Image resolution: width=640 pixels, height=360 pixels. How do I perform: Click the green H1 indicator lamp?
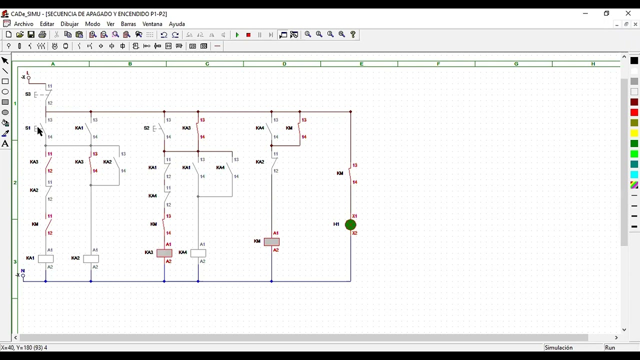tap(350, 225)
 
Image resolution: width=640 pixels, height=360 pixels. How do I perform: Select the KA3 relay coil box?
tap(164, 253)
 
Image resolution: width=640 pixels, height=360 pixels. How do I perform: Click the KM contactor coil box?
tap(271, 242)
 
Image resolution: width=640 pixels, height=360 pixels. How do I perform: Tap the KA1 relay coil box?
tap(45, 259)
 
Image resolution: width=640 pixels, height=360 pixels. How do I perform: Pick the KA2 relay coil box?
tap(91, 259)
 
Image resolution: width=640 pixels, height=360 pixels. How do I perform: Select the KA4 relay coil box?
tap(198, 253)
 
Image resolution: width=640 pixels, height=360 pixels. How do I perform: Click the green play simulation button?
tap(237, 35)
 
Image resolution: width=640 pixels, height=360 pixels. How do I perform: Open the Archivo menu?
tap(23, 24)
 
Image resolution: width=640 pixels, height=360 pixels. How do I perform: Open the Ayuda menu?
tap(177, 24)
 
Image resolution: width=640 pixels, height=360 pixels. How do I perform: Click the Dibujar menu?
tap(69, 24)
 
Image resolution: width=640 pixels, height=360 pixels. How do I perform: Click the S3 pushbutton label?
tap(27, 94)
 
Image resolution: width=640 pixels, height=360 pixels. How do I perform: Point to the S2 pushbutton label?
tap(146, 128)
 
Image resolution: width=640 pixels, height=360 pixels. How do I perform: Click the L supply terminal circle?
tap(28, 77)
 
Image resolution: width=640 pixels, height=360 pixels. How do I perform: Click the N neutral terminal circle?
tap(23, 275)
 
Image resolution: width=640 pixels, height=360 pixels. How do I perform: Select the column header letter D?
tap(284, 64)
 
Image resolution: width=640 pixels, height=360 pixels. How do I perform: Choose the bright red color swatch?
tap(634, 112)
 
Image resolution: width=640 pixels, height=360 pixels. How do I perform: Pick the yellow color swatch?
tap(634, 133)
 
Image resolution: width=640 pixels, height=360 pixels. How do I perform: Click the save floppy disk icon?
tap(31, 35)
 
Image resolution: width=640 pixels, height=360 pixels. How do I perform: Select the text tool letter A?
tap(5, 143)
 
